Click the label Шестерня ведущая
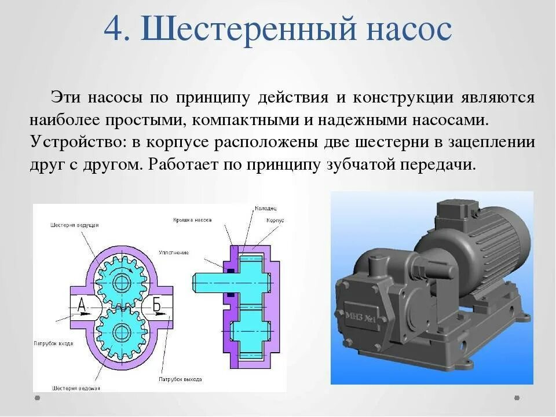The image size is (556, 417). [75, 224]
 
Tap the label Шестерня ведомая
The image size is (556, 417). [76, 387]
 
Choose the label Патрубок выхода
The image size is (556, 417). [180, 379]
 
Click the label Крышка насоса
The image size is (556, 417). [192, 220]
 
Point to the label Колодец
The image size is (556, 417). [265, 208]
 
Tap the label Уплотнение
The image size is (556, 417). [174, 253]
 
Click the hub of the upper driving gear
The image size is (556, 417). [121, 283]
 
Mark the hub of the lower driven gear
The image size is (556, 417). [121, 332]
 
